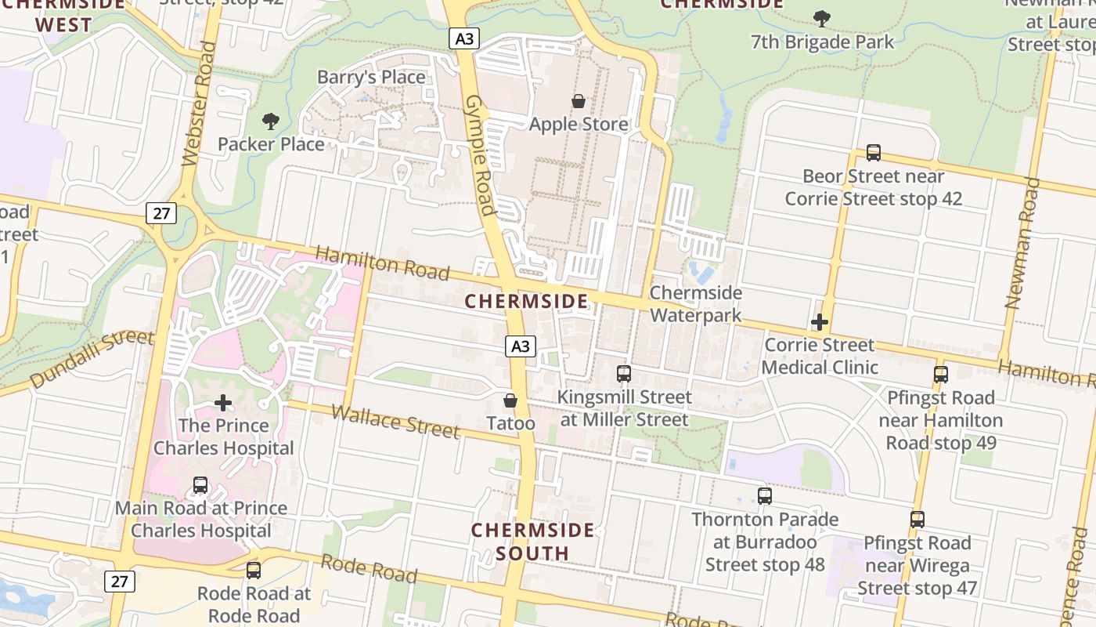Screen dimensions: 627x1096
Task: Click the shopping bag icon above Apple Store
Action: coord(579,101)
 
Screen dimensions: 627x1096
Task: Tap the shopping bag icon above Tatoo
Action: coord(510,400)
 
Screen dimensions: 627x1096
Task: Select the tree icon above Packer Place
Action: coord(271,121)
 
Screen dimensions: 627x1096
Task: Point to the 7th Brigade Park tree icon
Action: coord(821,18)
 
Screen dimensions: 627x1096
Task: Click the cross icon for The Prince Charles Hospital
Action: coord(223,403)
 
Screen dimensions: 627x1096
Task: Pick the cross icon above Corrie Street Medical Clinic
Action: coord(820,322)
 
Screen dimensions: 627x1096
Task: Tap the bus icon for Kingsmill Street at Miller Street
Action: coord(624,374)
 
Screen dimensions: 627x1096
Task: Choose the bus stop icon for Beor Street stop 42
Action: coord(874,153)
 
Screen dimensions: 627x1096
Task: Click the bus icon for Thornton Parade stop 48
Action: coord(765,495)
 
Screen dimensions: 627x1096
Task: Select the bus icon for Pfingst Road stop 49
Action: coord(941,375)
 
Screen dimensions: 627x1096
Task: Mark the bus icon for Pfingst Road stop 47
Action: coord(917,520)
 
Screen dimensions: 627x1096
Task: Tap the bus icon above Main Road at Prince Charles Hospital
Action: coord(200,485)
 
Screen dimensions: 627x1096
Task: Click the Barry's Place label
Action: coord(371,77)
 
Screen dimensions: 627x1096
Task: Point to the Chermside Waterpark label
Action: coord(695,303)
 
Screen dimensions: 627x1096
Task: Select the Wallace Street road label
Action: coord(395,422)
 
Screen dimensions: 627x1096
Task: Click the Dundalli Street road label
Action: coord(92,359)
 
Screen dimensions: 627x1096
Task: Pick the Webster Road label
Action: coord(198,103)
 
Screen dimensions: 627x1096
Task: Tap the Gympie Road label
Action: coord(479,155)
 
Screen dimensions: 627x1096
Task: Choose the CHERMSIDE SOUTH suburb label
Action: coord(532,542)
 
